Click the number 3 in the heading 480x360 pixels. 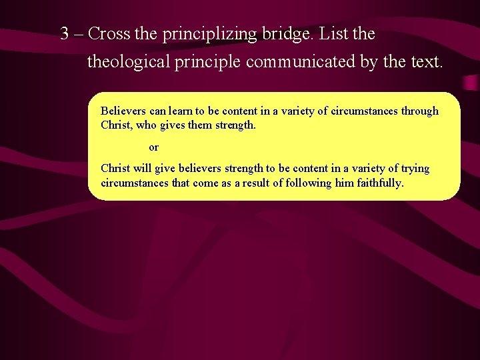(x=65, y=33)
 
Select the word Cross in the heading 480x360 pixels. (x=109, y=33)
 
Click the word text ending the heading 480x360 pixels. (x=425, y=62)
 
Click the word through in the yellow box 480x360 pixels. (x=419, y=111)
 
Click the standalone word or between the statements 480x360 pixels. (x=153, y=147)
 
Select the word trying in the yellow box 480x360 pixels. (x=415, y=169)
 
